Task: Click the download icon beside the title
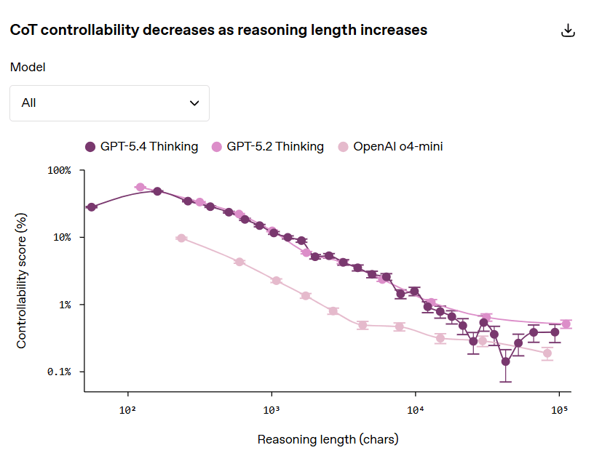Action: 569,31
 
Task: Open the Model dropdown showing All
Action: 109,103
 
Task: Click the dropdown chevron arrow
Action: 194,103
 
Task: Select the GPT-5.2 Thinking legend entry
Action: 267,146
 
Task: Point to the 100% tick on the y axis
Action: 60,170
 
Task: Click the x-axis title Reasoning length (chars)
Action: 328,439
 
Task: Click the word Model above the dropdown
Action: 28,67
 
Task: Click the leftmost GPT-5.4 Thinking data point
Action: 91,207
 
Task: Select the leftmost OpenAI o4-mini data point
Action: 181,238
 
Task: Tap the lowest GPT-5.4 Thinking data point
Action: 506,361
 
